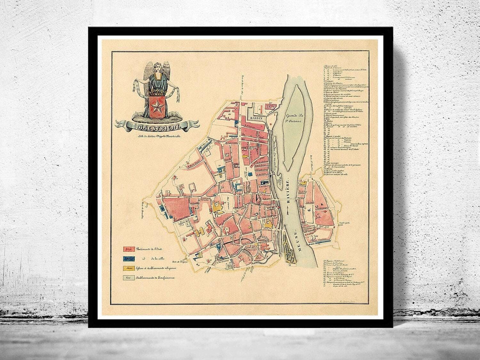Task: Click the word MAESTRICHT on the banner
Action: coord(155,126)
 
